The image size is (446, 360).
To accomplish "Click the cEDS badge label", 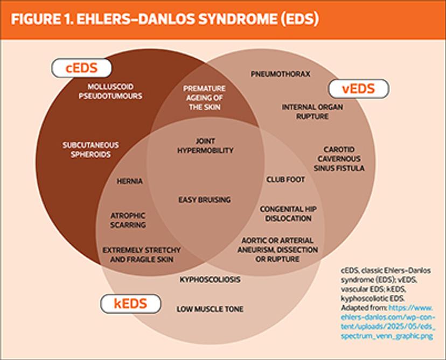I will (x=81, y=68).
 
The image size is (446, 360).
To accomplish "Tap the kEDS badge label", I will (x=130, y=303).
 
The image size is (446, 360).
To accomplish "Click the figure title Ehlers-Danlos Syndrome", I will (x=165, y=19).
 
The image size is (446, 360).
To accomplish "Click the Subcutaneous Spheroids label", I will (x=90, y=150).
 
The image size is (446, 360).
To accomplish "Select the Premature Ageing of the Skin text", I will (x=204, y=97).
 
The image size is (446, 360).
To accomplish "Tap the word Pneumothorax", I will (x=280, y=74).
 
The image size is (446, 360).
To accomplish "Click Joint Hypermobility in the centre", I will (x=205, y=146).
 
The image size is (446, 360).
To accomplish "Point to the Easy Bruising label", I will (x=205, y=200).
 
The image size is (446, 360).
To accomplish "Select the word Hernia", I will (x=130, y=181).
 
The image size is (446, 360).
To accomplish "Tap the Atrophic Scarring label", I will (x=128, y=220).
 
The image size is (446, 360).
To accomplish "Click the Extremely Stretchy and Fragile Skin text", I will (x=142, y=255).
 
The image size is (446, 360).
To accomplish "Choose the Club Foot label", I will (x=285, y=179).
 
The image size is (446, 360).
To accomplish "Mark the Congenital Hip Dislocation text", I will (x=285, y=214).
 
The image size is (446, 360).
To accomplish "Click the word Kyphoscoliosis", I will (x=210, y=280).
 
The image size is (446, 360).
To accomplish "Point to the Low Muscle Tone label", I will (x=210, y=309).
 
